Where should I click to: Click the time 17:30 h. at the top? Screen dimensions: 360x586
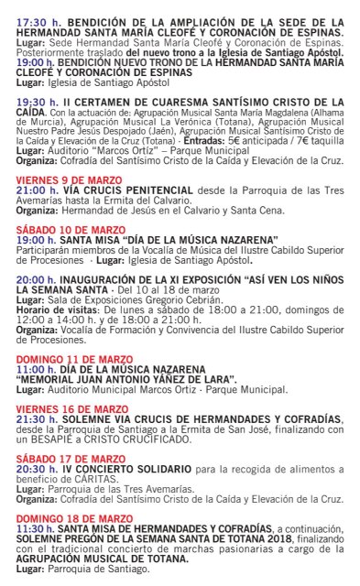tap(36, 19)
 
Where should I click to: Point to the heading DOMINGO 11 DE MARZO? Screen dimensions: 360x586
tap(65, 335)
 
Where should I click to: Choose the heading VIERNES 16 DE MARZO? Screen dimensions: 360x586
tap(63, 382)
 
